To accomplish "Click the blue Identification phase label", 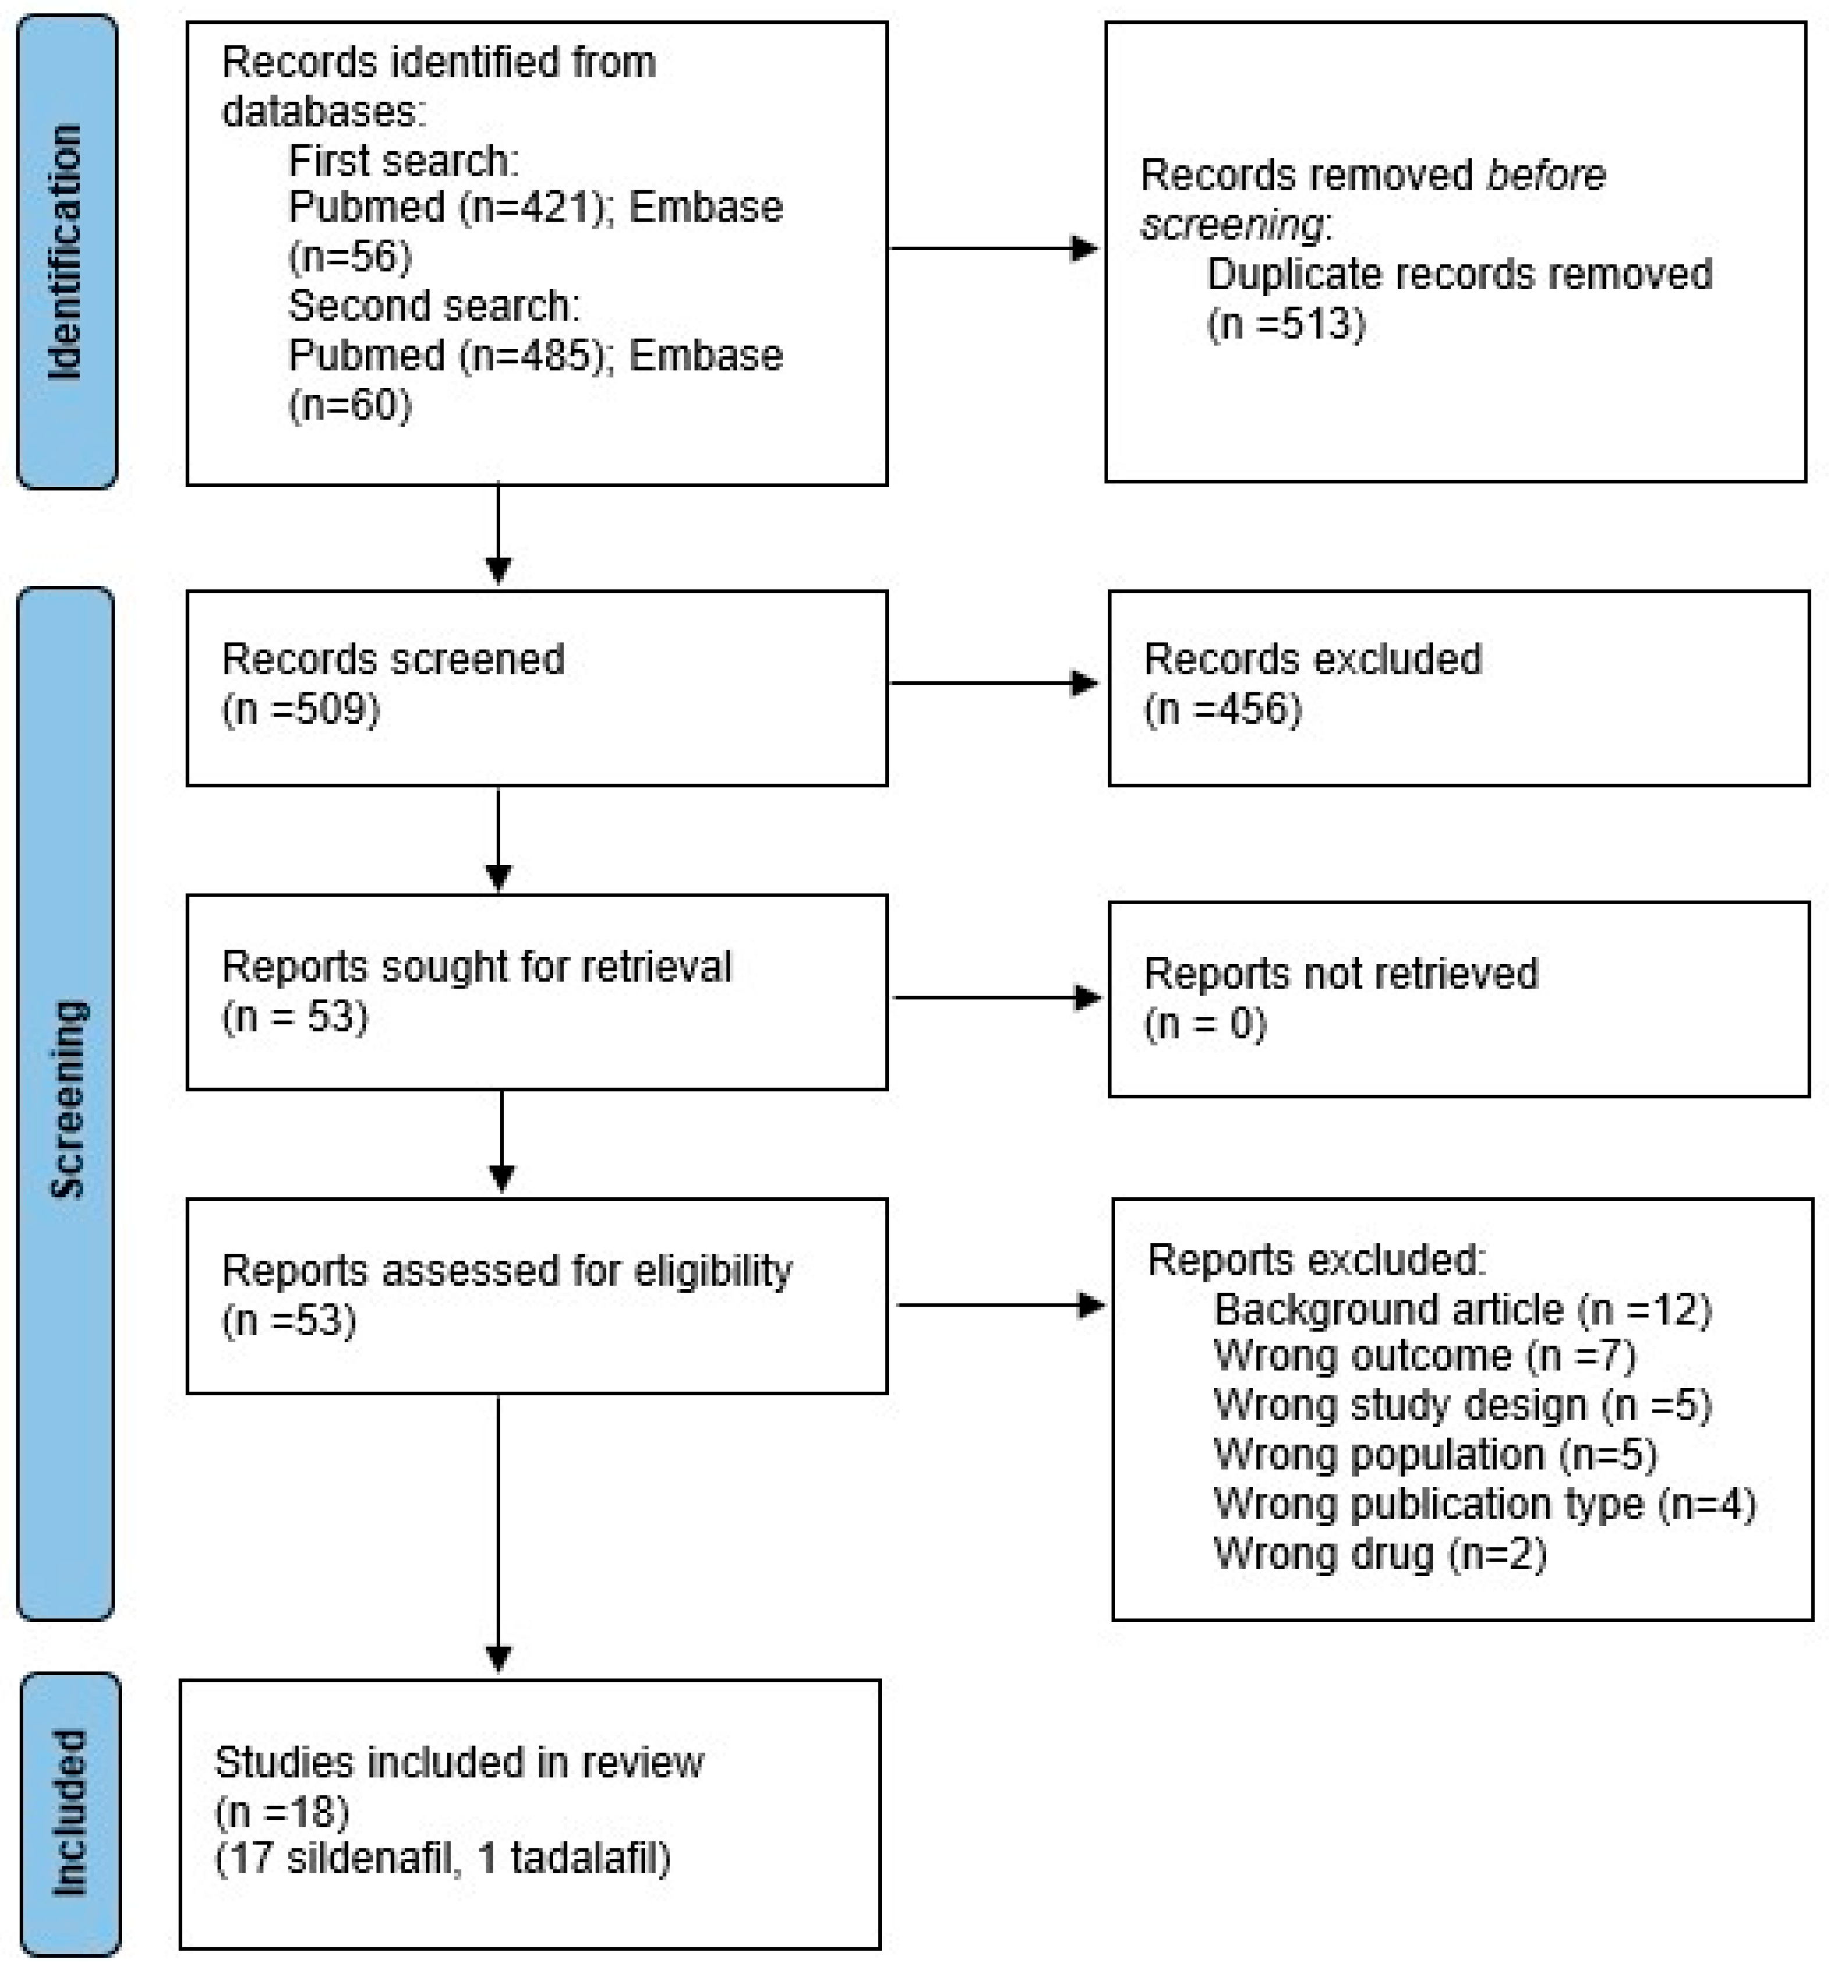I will [x=66, y=251].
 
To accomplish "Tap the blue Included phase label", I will [x=69, y=1813].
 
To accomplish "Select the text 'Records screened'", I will [x=393, y=659].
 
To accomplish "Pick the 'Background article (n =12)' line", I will [x=1463, y=1310].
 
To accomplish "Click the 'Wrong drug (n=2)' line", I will [x=1380, y=1554].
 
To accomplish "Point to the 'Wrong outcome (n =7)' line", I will [x=1424, y=1356].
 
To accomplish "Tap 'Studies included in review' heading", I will [x=458, y=1763].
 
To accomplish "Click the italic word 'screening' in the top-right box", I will [x=1231, y=225].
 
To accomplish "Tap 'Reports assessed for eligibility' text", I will [x=506, y=1271].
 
